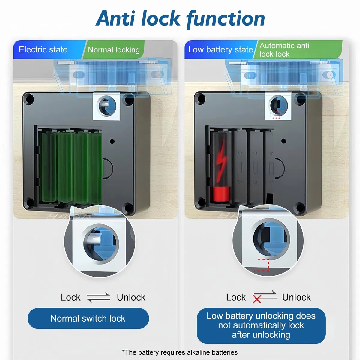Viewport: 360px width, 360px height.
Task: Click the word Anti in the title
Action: pos(115,18)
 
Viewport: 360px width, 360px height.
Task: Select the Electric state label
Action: pos(43,50)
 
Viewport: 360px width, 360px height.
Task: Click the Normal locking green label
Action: pos(114,50)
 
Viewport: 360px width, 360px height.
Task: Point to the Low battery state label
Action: pos(220,50)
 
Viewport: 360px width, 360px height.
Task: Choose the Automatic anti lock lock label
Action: pos(284,50)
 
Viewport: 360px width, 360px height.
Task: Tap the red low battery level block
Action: pos(221,194)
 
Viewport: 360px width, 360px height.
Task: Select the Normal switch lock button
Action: pos(88,319)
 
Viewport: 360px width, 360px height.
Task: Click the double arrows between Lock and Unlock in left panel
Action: pos(98,297)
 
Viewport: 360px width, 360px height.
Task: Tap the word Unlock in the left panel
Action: pos(131,297)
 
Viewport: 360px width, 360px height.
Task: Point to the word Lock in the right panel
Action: pos(236,297)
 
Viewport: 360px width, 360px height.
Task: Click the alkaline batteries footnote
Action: pos(180,352)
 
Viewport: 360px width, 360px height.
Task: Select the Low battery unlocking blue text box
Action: pos(261,325)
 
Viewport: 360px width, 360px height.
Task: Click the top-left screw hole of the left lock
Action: pos(29,99)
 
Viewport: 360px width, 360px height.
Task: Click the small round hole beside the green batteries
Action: pos(112,141)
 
